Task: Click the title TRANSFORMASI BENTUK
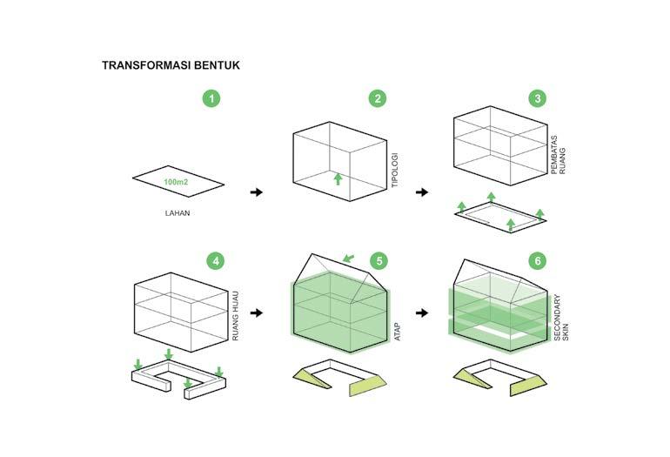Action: coord(171,65)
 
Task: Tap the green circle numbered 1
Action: coord(211,98)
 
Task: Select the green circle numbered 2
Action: coord(377,98)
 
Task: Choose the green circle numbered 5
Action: coord(378,260)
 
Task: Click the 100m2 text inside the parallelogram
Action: coord(178,183)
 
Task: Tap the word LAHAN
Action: coord(178,213)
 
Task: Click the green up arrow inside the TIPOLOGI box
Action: coord(338,179)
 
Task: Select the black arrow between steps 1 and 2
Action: coord(256,192)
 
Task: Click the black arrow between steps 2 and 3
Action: coord(422,192)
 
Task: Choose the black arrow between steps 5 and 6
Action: coord(422,312)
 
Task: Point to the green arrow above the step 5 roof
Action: coord(349,258)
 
